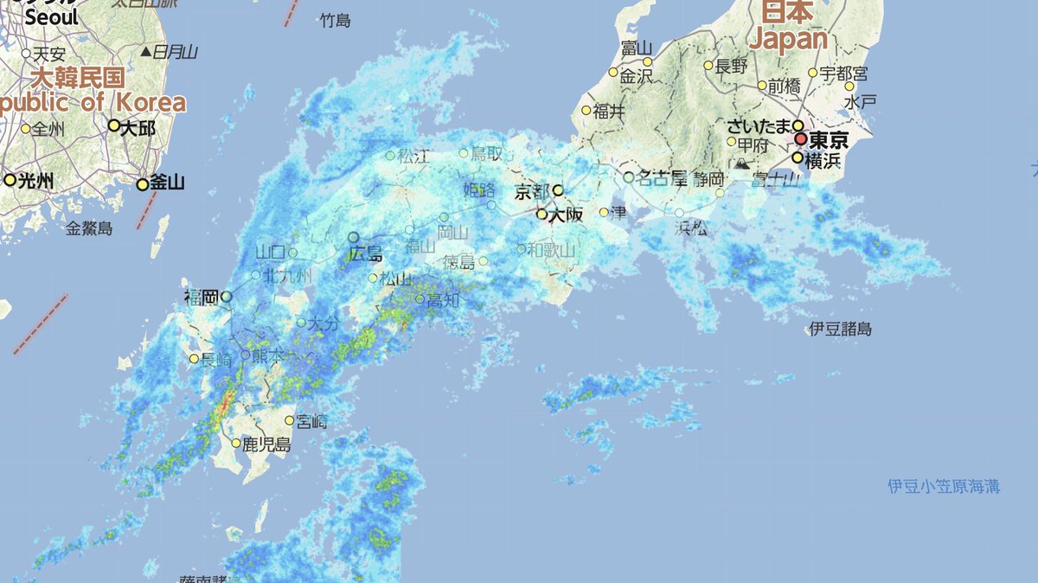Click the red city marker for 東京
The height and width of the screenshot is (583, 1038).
[x=801, y=138]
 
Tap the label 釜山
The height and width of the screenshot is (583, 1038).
[x=167, y=183]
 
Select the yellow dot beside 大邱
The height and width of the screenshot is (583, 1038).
[x=113, y=125]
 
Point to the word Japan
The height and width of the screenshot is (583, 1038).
[x=788, y=39]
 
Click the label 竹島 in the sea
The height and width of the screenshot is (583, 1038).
[x=335, y=20]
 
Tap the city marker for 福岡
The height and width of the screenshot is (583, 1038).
[x=226, y=297]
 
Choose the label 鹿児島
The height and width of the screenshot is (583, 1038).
[x=266, y=445]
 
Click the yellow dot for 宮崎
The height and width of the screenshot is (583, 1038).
[x=289, y=421]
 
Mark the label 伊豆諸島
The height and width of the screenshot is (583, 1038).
[x=840, y=329]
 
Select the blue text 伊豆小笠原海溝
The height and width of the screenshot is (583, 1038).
[x=944, y=486]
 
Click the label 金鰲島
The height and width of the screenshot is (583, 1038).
[x=90, y=228]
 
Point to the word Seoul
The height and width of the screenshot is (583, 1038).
[x=51, y=17]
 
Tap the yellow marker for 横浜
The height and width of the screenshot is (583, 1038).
[x=798, y=157]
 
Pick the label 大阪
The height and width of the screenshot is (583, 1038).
[x=565, y=215]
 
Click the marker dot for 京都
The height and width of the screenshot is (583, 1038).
[x=558, y=190]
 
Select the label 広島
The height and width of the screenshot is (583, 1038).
[x=366, y=253]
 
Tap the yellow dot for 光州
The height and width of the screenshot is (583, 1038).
[x=10, y=180]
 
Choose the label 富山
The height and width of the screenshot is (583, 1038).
[x=636, y=48]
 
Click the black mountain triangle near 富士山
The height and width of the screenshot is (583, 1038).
[x=741, y=163]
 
